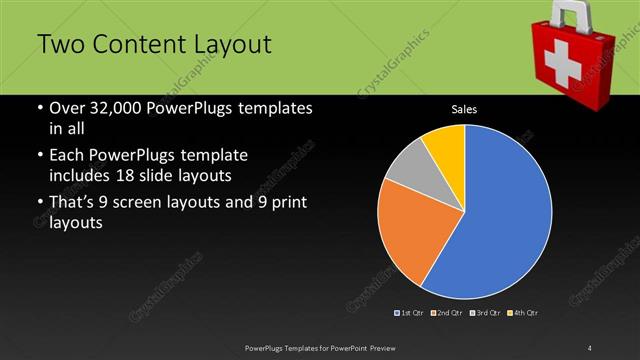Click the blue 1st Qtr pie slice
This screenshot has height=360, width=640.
point(500,220)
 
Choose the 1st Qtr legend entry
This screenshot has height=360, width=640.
point(411,313)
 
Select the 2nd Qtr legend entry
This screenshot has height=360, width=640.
point(447,313)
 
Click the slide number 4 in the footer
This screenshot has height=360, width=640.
point(590,347)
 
